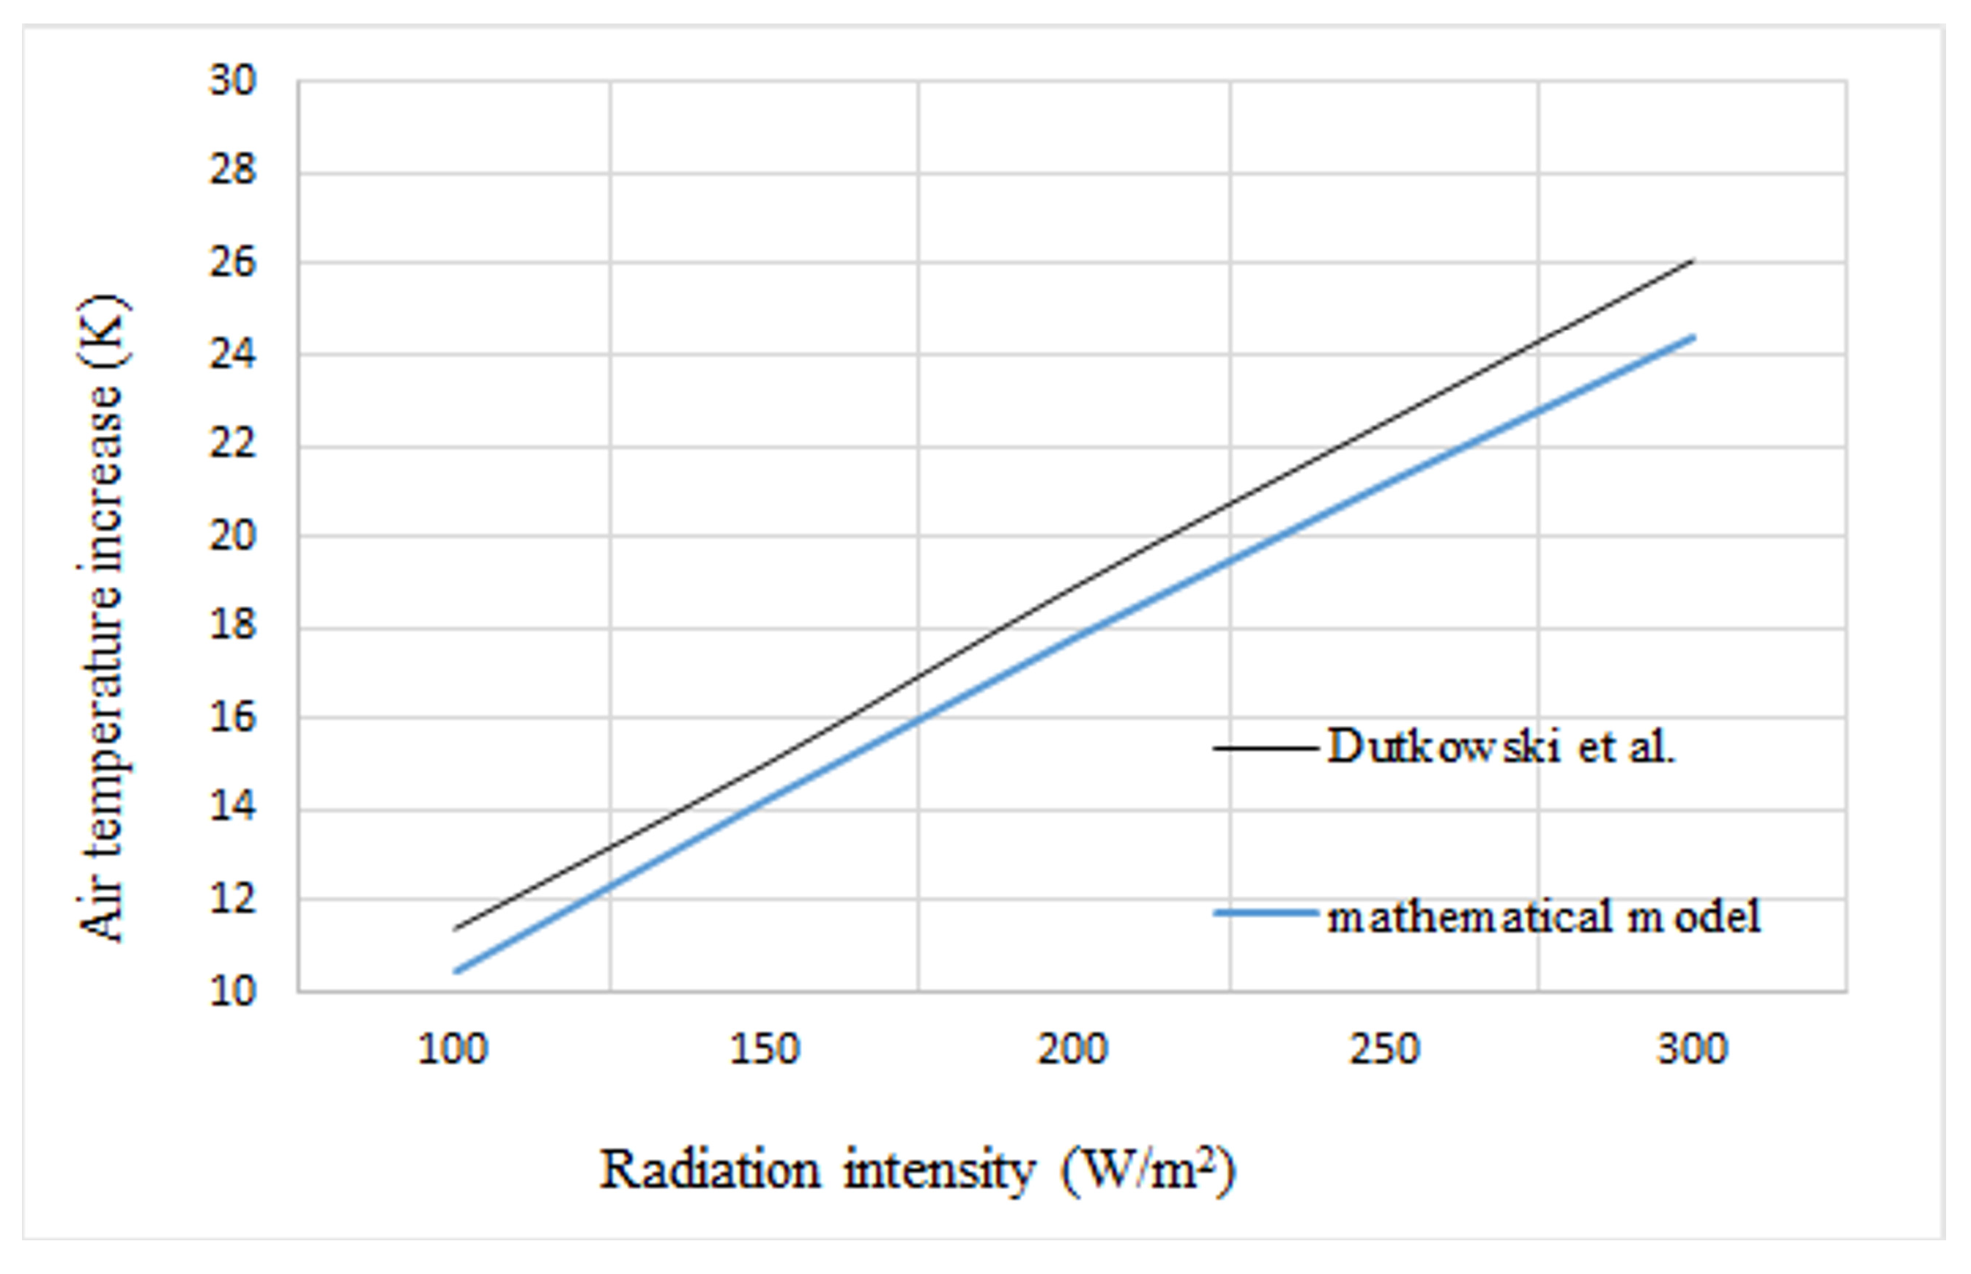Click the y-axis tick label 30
pos(232,82)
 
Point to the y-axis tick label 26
pos(232,264)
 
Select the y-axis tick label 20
pos(232,537)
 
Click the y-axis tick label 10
pos(232,991)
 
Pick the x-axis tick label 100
pos(453,1050)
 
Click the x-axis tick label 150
pos(763,1050)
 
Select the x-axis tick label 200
pos(1073,1050)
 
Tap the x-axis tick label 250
pos(1384,1050)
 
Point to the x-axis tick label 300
pos(1692,1050)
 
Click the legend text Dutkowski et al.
pos(1502,747)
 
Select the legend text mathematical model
pos(1543,916)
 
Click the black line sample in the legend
pos(1266,749)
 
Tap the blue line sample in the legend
pos(1266,914)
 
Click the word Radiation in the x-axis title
pos(710,1171)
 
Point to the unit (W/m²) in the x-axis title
pos(1148,1171)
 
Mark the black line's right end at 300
pos(1692,262)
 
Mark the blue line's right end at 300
pos(1692,338)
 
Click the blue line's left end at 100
pos(456,971)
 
